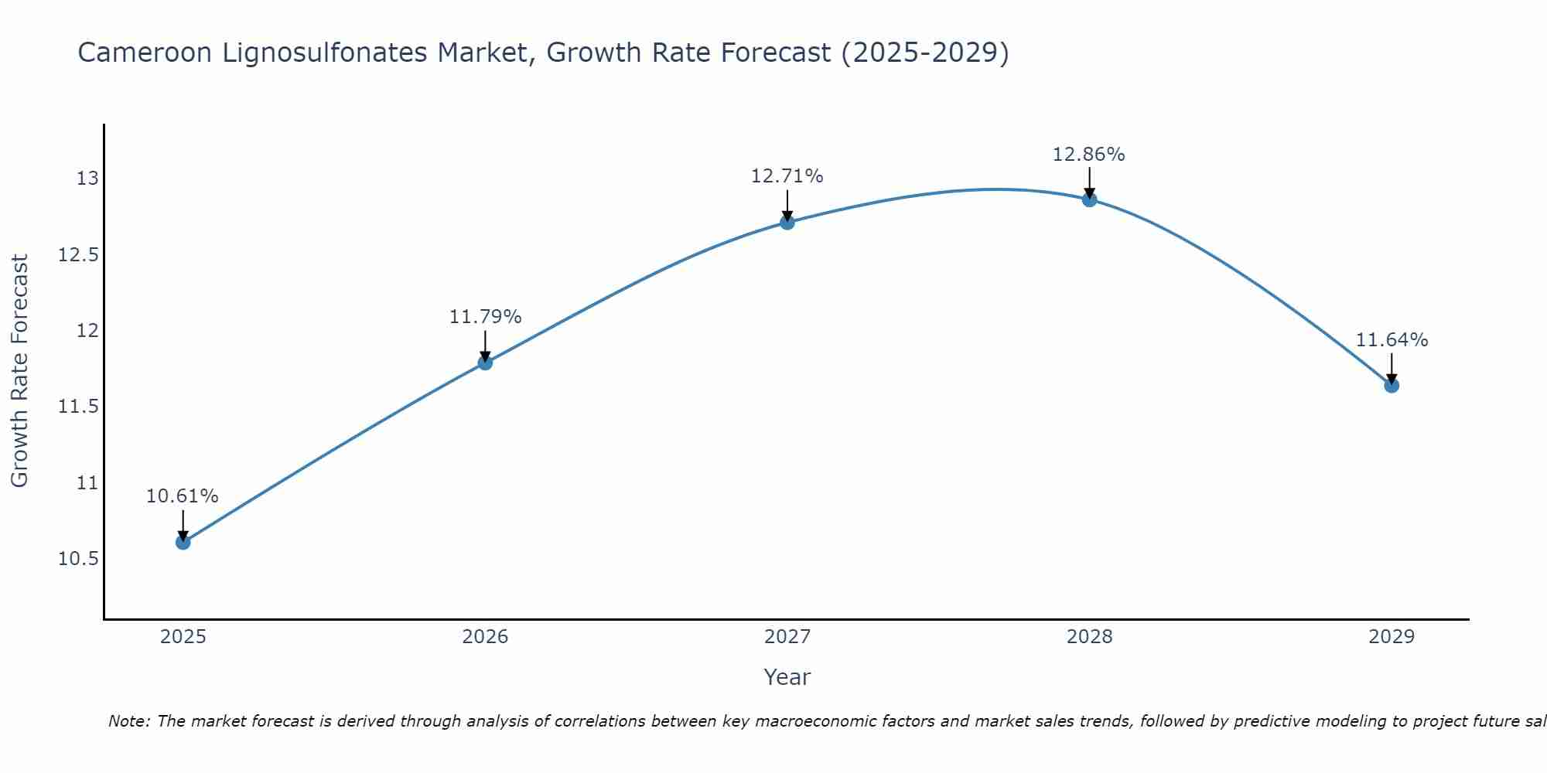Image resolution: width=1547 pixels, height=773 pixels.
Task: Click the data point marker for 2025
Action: [x=183, y=542]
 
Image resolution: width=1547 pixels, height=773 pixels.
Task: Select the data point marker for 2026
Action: [x=485, y=362]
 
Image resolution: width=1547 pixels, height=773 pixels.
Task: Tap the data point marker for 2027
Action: [x=787, y=222]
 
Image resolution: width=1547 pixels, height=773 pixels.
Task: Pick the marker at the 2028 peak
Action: [x=1089, y=199]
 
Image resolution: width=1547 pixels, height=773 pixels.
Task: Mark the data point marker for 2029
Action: [x=1392, y=385]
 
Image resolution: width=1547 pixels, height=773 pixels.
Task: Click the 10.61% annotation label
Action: [x=183, y=496]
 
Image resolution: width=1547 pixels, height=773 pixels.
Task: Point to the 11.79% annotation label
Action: [x=485, y=317]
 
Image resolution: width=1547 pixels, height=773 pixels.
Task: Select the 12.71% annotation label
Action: [x=787, y=176]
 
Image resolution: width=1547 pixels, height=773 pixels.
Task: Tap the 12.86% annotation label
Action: [x=1089, y=155]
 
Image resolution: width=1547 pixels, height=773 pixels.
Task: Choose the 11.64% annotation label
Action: [x=1392, y=340]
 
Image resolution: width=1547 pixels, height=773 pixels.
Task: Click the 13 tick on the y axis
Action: [x=87, y=179]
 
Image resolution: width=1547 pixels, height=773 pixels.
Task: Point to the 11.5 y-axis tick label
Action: [x=79, y=407]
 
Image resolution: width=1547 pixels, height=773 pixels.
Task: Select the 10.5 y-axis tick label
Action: [x=79, y=559]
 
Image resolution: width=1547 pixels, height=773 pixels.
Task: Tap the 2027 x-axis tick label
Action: [x=787, y=637]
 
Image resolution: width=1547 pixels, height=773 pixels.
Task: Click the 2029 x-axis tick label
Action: [x=1392, y=637]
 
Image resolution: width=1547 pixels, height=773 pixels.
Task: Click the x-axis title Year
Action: [x=787, y=677]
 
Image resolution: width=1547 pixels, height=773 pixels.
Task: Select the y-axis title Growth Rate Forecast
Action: [x=19, y=371]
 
